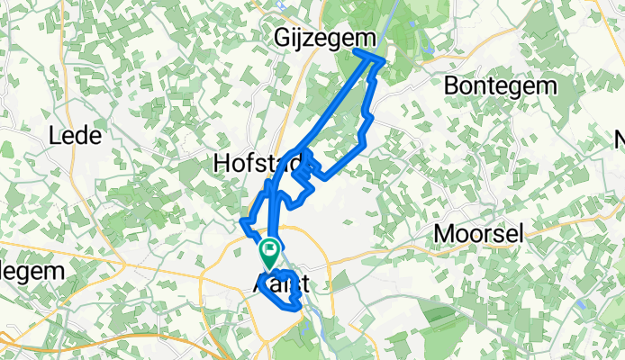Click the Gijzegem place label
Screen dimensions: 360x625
[x=312, y=38]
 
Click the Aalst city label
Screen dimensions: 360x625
[x=281, y=283]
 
